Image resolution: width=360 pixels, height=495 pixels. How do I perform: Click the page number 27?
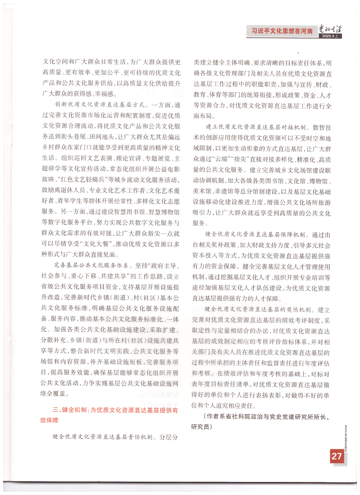(x=337, y=456)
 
